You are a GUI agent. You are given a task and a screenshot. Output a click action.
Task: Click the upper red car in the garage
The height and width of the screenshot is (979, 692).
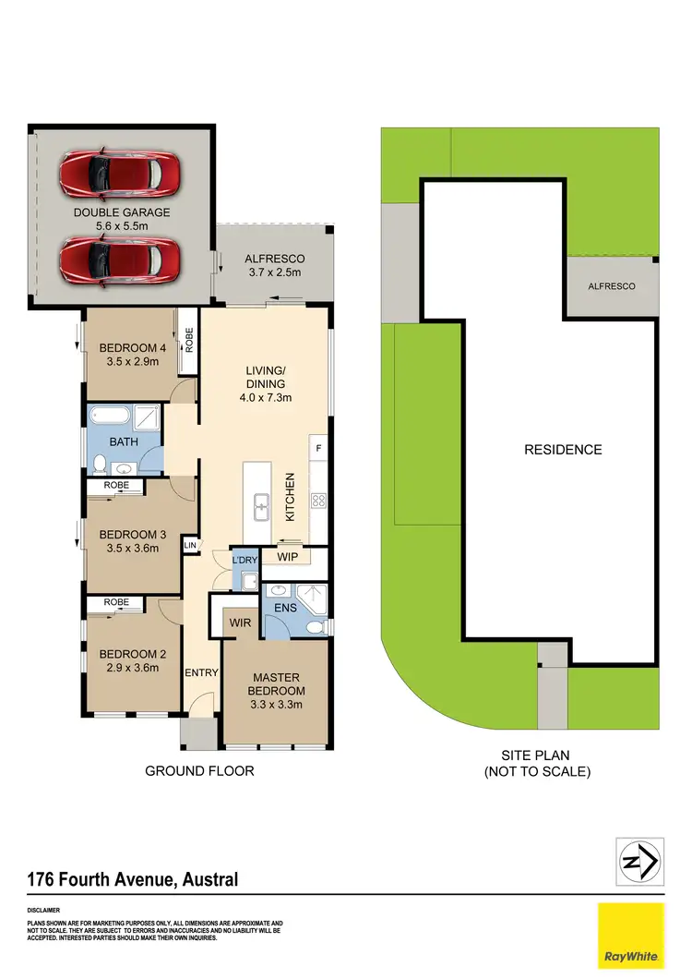pos(119,172)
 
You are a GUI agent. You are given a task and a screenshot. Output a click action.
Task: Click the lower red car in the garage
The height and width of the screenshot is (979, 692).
pos(119,260)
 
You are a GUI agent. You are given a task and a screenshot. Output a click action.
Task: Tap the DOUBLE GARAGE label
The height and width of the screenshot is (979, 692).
pos(123,214)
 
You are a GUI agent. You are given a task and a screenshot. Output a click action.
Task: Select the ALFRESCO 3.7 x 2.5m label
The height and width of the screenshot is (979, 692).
pos(274,266)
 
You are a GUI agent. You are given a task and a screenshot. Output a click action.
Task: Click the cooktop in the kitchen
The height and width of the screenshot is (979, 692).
pos(319,502)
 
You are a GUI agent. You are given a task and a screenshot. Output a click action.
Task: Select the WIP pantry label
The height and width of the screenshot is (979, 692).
pos(286,557)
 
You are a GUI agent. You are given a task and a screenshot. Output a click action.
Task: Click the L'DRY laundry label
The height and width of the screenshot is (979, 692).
pos(244,561)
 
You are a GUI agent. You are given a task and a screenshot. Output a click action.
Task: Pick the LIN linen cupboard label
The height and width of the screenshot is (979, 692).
pos(191,547)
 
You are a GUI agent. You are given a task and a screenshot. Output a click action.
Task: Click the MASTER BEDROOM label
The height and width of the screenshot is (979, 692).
pos(276,683)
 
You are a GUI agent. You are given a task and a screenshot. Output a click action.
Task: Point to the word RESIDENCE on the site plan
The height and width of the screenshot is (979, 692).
pos(563,450)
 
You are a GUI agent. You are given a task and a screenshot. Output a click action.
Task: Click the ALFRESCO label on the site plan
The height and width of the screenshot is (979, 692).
pos(612,287)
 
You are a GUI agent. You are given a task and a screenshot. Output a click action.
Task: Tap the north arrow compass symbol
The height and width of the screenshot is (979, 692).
pos(639,863)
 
